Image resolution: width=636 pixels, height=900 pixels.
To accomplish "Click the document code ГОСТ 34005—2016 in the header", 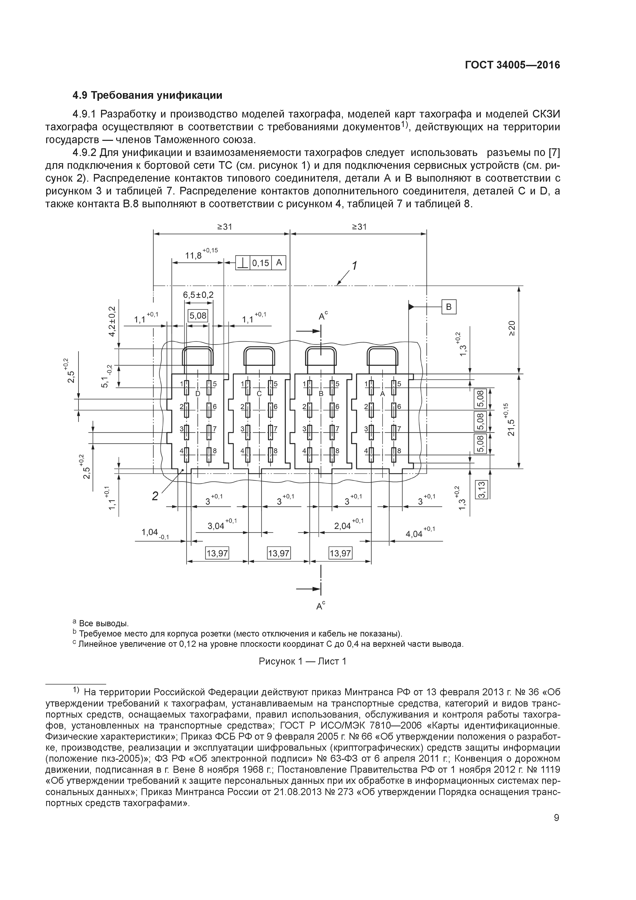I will [x=512, y=65].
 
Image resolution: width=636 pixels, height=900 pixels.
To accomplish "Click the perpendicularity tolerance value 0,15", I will [x=261, y=263].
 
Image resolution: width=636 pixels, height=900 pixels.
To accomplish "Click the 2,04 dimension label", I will [x=343, y=526].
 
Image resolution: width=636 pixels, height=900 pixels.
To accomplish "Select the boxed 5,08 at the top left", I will [x=198, y=316].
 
